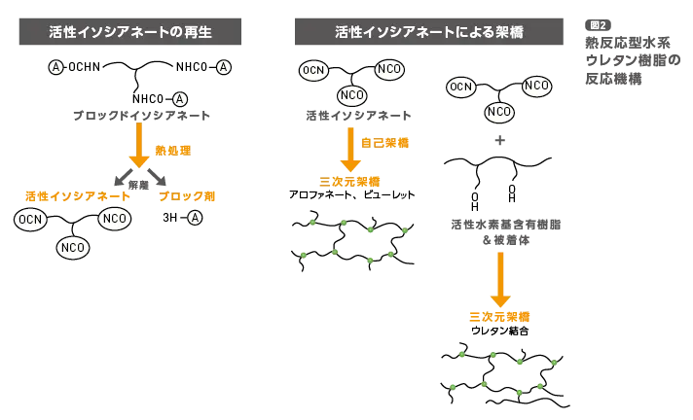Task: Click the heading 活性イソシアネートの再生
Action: pos(128,32)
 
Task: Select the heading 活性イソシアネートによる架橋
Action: pos(428,32)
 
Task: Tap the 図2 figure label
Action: pos(598,25)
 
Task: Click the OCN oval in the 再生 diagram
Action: pos(30,220)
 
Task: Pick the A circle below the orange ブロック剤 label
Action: pos(195,217)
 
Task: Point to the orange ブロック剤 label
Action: pos(187,195)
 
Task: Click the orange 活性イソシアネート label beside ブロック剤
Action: pos(78,195)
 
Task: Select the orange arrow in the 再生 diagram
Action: pos(139,144)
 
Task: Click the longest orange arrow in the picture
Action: pos(500,278)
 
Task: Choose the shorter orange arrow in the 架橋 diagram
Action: pos(350,148)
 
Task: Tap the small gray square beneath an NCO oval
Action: pos(498,140)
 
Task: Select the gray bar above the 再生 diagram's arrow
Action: pos(139,117)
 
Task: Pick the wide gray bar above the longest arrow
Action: pos(505,226)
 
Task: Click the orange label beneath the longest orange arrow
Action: pos(500,317)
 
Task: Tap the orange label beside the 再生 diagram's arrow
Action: pos(173,149)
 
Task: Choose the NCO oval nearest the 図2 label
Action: pos(536,87)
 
